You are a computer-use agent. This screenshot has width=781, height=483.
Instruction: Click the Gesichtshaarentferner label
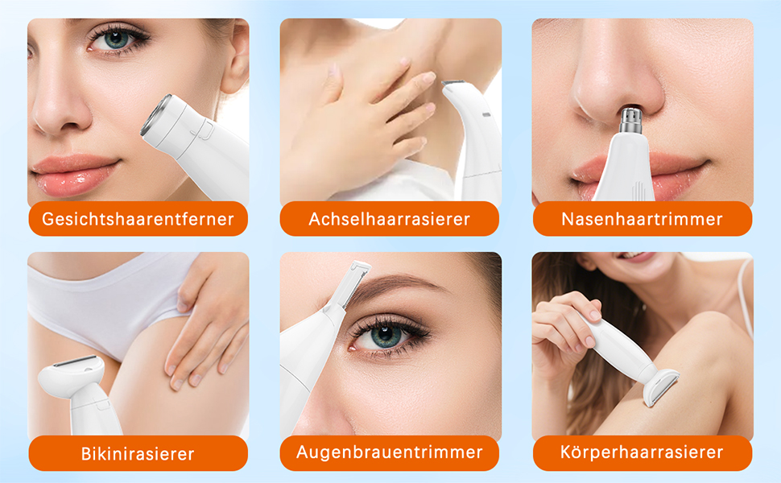[138, 219]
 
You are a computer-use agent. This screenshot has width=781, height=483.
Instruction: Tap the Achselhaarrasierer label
[390, 219]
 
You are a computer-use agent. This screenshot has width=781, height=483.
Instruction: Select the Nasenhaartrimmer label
[642, 219]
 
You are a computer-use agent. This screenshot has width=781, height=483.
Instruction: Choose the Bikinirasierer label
[138, 453]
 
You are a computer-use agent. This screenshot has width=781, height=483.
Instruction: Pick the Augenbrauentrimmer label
[390, 452]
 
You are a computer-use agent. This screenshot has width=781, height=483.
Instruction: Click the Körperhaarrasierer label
[642, 452]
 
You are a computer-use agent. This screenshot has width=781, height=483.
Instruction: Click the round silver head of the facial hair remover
[156, 115]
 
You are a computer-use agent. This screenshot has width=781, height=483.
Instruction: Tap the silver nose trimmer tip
[630, 118]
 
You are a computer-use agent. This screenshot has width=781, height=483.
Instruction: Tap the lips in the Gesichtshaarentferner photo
[75, 174]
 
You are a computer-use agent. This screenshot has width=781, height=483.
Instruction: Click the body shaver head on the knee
[660, 386]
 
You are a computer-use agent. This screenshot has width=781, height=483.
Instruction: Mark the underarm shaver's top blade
[453, 83]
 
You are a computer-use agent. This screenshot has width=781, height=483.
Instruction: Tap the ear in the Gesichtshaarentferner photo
[234, 57]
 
